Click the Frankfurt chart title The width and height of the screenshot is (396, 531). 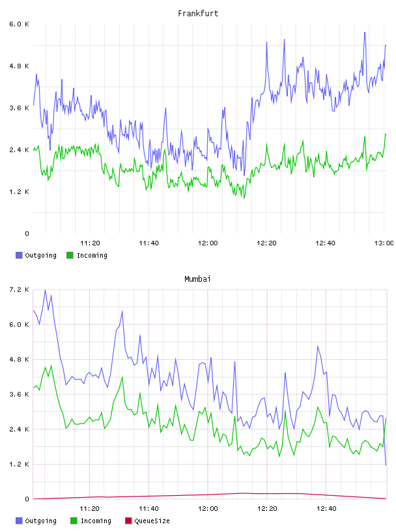[x=198, y=14]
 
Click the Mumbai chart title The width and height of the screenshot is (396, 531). [x=197, y=279]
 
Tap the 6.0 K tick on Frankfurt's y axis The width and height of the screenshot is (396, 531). [x=19, y=24]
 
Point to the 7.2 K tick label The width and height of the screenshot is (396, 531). [x=19, y=290]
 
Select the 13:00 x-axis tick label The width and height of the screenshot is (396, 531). [x=384, y=243]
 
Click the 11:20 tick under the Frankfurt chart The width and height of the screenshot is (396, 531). [x=90, y=243]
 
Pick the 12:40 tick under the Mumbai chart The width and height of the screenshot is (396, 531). [x=326, y=508]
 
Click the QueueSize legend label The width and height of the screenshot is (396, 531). [x=152, y=521]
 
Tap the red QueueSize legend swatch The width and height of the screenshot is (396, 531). [x=128, y=521]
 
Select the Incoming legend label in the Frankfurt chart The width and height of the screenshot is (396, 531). [x=92, y=255]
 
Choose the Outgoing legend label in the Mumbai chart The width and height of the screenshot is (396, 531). [x=40, y=521]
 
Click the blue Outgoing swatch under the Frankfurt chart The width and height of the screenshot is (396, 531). [x=19, y=255]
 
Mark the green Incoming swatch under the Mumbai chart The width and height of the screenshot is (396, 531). [x=74, y=521]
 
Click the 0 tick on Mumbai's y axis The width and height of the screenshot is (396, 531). [x=27, y=499]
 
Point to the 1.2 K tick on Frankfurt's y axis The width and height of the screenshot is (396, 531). [x=19, y=192]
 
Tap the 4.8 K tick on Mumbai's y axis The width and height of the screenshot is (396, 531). [x=19, y=359]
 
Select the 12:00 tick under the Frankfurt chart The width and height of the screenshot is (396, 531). [x=208, y=243]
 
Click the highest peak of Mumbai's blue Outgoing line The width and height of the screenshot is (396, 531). [x=45, y=290]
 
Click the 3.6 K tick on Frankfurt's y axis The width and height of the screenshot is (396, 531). [x=19, y=108]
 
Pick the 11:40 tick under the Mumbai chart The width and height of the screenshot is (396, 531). [x=148, y=508]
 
